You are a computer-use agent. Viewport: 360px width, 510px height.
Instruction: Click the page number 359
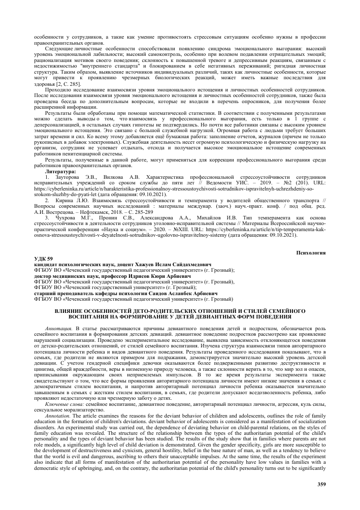click(320, 483)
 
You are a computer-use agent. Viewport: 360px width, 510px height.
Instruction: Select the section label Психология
click(310, 252)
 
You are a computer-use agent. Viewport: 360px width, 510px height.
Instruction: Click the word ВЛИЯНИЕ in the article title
click(71, 309)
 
